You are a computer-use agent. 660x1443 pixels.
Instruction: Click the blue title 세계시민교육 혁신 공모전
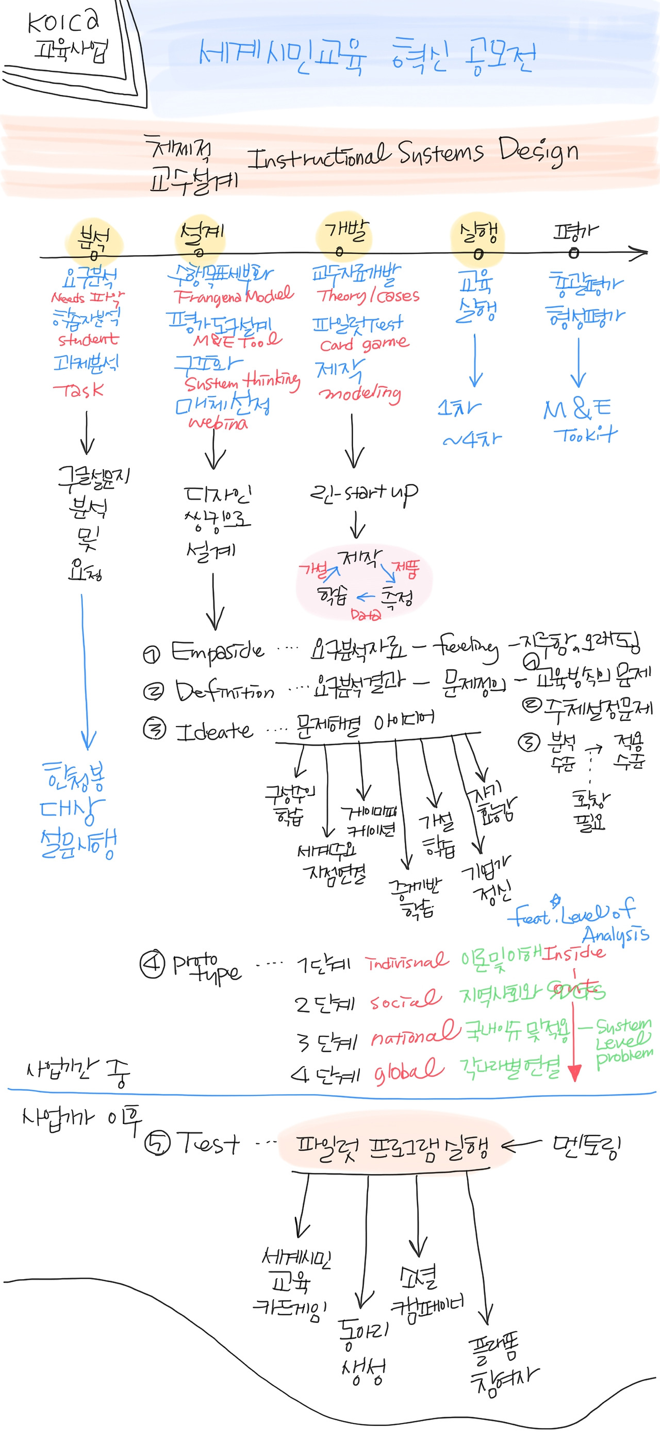click(367, 56)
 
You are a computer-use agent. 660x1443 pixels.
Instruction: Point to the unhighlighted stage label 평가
click(575, 231)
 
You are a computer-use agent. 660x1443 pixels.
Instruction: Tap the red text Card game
click(364, 343)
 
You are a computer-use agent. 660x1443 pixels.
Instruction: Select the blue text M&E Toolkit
click(580, 420)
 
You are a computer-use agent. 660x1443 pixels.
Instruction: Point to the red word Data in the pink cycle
click(365, 614)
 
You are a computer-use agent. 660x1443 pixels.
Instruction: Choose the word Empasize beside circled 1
click(217, 651)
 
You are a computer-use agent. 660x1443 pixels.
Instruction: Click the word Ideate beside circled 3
click(213, 731)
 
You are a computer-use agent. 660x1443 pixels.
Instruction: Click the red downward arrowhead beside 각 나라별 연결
click(574, 1071)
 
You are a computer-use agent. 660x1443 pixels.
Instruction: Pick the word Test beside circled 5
click(208, 1142)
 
